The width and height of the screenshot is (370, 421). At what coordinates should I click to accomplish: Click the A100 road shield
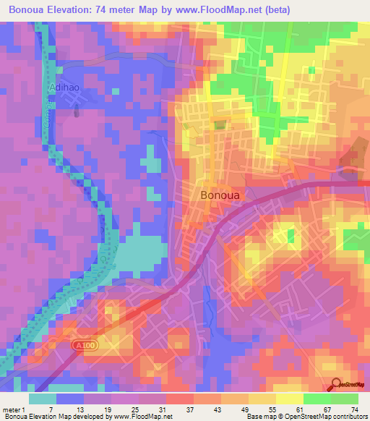pyautogui.click(x=86, y=347)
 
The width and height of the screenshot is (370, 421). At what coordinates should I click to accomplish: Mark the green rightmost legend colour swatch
pyautogui.click(x=345, y=399)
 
